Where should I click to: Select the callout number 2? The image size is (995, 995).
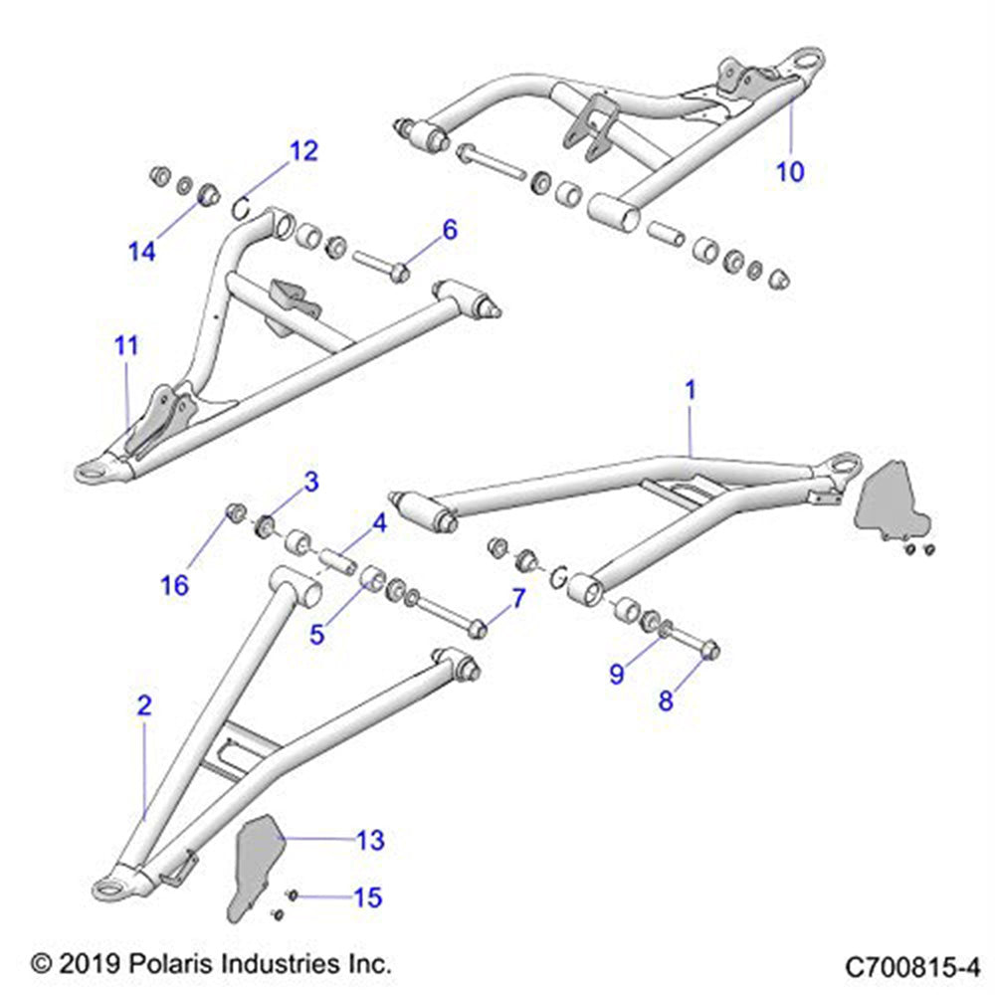[x=145, y=707]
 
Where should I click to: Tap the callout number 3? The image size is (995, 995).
[x=311, y=484]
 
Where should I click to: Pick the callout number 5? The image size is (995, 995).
[x=316, y=633]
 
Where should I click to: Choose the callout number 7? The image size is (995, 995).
[x=516, y=598]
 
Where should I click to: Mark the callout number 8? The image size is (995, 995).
[x=666, y=700]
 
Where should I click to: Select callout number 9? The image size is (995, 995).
[x=618, y=674]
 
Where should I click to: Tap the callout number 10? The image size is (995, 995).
[x=790, y=171]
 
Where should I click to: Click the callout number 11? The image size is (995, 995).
[x=126, y=346]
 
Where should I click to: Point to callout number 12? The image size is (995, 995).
[x=303, y=151]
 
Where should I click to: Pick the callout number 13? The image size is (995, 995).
[x=370, y=842]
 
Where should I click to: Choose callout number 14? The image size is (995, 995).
[x=142, y=251]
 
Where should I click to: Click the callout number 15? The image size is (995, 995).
[x=367, y=897]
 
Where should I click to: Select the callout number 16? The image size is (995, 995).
[x=175, y=585]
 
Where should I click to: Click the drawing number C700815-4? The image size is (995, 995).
[x=912, y=965]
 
